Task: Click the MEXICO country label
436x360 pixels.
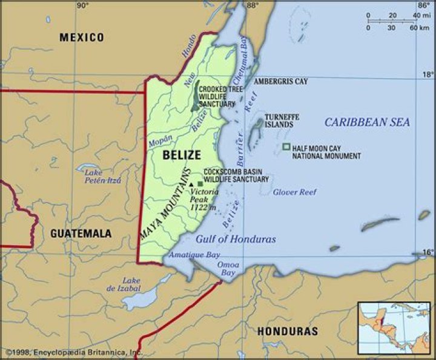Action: coord(81,38)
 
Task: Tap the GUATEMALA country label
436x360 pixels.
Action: coord(81,233)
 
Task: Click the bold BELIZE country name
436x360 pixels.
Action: coord(181,155)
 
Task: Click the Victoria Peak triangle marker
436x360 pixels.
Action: coord(191,184)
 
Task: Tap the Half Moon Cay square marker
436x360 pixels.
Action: coord(286,147)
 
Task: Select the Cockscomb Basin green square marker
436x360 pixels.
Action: coord(200,183)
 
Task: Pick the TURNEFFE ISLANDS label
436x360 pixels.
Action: coord(276,120)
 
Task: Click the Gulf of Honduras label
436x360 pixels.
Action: coord(236,239)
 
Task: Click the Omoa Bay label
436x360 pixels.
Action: coord(229,269)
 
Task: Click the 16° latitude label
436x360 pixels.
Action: coord(426,252)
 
